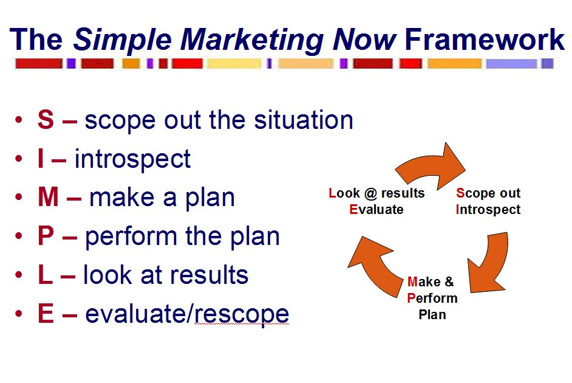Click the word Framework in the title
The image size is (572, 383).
click(x=484, y=40)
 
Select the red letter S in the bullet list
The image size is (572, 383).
click(x=46, y=120)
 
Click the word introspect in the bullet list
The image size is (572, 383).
click(x=132, y=159)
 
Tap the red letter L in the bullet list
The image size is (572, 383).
click(x=45, y=275)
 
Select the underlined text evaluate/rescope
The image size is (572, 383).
click(x=187, y=314)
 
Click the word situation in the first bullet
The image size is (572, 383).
click(x=301, y=120)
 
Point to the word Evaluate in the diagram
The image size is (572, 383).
click(x=376, y=210)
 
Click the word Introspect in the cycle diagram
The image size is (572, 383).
click(x=488, y=210)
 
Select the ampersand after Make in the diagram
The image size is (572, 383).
click(x=448, y=282)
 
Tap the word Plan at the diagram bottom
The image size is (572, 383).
click(x=432, y=314)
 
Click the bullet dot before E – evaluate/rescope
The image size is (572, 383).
click(x=20, y=315)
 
